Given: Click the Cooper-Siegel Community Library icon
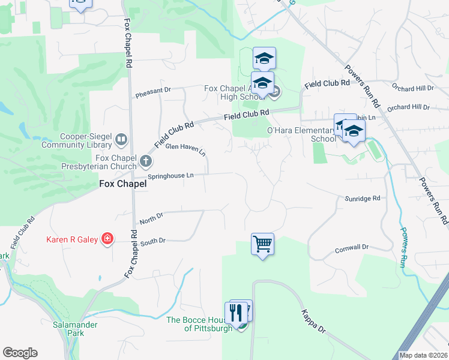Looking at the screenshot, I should tap(121, 140).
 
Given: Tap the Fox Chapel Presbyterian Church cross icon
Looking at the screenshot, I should tap(146, 161).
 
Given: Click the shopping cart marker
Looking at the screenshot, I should tap(262, 244).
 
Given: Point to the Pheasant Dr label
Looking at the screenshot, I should tap(153, 92).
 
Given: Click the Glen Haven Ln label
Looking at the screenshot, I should tap(185, 149).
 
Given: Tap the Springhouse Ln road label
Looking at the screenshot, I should tap(171, 175).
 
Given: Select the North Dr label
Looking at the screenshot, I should tap(151, 218).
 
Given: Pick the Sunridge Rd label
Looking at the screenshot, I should tap(363, 198).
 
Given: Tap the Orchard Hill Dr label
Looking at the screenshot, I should tap(412, 88).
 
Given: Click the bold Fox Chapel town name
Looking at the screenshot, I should tap(122, 185).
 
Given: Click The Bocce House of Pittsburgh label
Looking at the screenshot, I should tap(199, 324).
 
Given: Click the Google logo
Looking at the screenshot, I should tap(20, 353).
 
